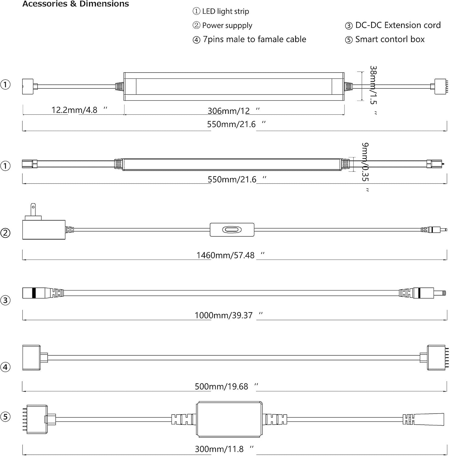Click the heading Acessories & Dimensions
pos(76,4)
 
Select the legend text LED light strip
pos(225,12)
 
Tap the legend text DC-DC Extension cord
pos(398,25)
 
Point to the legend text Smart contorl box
pos(390,40)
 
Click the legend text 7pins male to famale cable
pos(254,40)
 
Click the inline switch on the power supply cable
pos(232,230)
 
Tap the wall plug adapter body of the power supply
pos(44,230)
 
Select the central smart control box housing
pos(229,419)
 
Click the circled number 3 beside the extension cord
pos(5,300)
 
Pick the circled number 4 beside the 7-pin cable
pos(5,367)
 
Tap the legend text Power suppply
pos(227,26)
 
